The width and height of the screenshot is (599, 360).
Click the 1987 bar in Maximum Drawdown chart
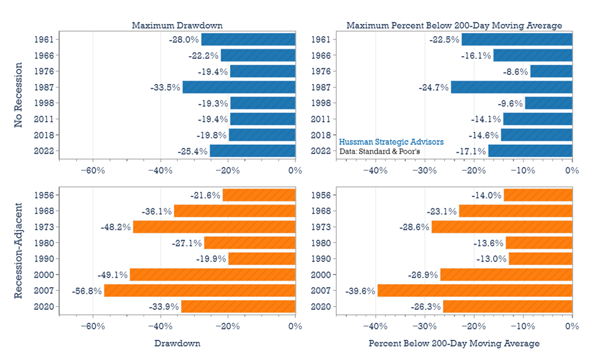click(239, 87)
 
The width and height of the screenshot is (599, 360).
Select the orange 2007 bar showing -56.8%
click(199, 291)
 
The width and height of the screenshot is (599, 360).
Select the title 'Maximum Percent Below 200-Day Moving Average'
click(454, 26)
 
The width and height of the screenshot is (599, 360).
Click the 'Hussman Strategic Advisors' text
click(391, 142)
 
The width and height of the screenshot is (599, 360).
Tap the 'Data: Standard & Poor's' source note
click(380, 151)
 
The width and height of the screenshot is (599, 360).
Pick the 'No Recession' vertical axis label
click(18, 95)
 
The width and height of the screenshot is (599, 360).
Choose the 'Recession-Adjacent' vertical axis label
click(18, 251)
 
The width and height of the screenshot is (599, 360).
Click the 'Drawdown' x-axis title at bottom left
click(177, 343)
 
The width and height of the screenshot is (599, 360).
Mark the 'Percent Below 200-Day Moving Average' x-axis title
click(454, 343)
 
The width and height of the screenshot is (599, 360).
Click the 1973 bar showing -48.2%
click(214, 227)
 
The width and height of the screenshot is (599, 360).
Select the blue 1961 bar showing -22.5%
click(517, 39)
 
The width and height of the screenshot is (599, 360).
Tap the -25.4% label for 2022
click(193, 151)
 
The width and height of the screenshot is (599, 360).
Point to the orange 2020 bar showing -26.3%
click(507, 307)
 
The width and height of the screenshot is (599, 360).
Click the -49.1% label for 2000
click(113, 275)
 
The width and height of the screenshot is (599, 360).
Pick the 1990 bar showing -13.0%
click(540, 259)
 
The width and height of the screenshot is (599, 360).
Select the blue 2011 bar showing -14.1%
click(537, 119)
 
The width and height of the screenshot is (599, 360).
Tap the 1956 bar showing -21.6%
click(259, 195)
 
